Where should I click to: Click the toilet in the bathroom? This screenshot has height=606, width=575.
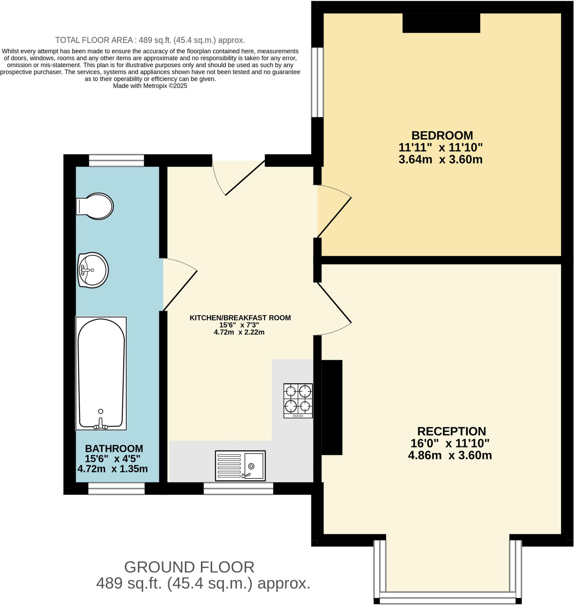coord(95,206)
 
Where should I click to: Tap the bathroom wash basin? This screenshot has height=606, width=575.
coord(93,270)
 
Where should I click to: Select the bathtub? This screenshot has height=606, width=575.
coord(101,373)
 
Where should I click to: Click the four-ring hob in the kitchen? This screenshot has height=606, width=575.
coord(298,401)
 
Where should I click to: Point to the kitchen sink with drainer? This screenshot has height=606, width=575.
coord(240,466)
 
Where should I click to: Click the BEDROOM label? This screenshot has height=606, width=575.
coord(442,136)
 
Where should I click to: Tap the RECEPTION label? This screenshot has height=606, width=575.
coord(452,431)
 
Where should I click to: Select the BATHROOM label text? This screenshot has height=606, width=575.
coord(114,449)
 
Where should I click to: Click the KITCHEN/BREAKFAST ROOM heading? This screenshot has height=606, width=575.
coord(240,318)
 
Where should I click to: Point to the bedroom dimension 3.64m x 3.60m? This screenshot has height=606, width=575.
coord(440,160)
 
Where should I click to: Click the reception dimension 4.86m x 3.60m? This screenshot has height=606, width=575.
coord(450,455)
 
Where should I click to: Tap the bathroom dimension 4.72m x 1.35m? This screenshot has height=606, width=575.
coord(112,469)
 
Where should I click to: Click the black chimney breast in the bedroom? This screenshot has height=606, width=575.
coord(441,23)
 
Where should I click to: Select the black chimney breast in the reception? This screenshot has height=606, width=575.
coord(332,407)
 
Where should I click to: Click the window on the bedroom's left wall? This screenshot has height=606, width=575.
coord(318,82)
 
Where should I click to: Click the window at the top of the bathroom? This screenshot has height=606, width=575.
coord(117,161)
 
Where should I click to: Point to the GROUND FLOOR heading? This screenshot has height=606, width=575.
coord(189,567)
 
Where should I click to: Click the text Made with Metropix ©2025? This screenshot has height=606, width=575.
coord(150,86)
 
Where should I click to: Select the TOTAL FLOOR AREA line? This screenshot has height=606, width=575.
coord(150,40)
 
